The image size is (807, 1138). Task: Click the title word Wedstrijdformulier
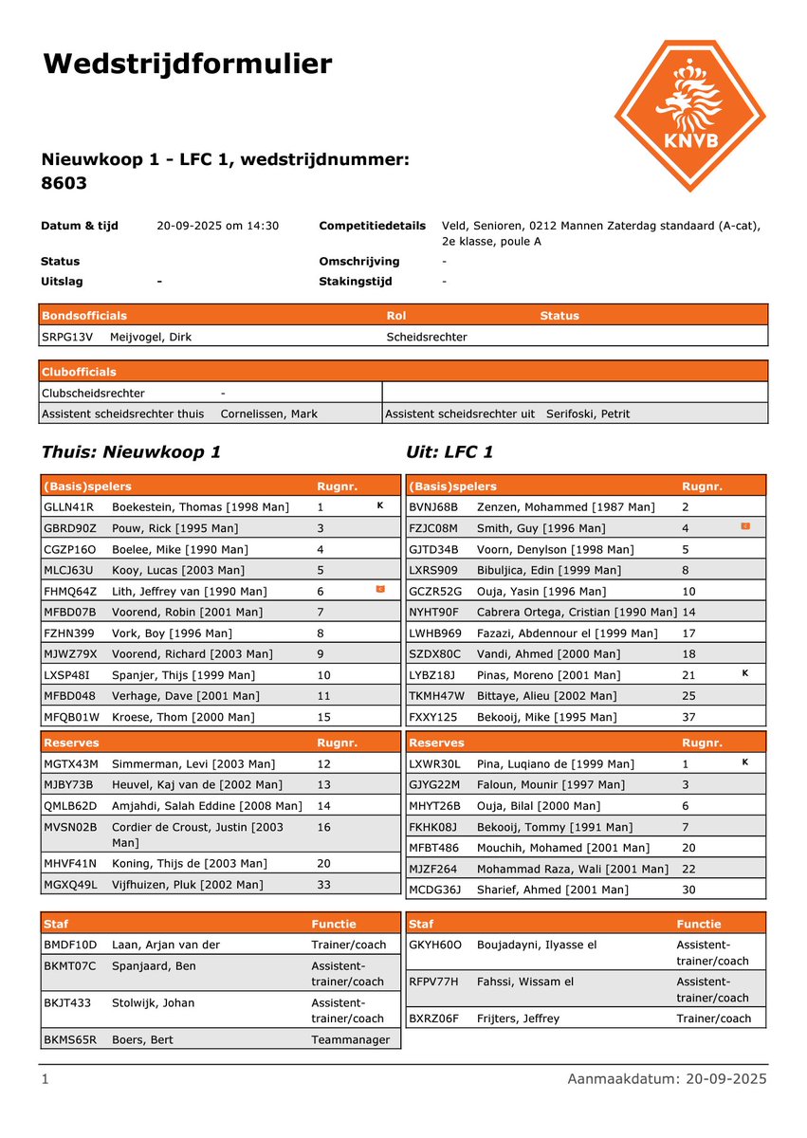[187, 64]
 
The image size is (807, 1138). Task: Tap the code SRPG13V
[67, 336]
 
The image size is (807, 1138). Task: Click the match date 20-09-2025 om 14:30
[217, 226]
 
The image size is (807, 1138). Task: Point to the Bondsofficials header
[83, 315]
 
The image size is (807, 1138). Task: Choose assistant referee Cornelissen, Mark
[268, 413]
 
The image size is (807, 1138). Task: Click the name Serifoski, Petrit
[588, 413]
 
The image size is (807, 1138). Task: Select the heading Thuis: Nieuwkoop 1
[131, 452]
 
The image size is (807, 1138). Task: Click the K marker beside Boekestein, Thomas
[379, 506]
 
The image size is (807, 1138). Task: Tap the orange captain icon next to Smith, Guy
[744, 526]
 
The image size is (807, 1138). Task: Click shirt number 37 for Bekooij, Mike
[689, 717]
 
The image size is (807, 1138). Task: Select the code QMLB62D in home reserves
[70, 805]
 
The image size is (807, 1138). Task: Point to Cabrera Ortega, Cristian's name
[577, 612]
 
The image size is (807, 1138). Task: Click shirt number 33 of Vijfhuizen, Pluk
[323, 884]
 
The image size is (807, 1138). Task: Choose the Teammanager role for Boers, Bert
[350, 1039]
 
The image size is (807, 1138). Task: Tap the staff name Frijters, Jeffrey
[518, 1019]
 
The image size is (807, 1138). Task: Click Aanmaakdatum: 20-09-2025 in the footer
[667, 1079]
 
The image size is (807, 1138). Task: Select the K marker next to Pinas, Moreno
[744, 674]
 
